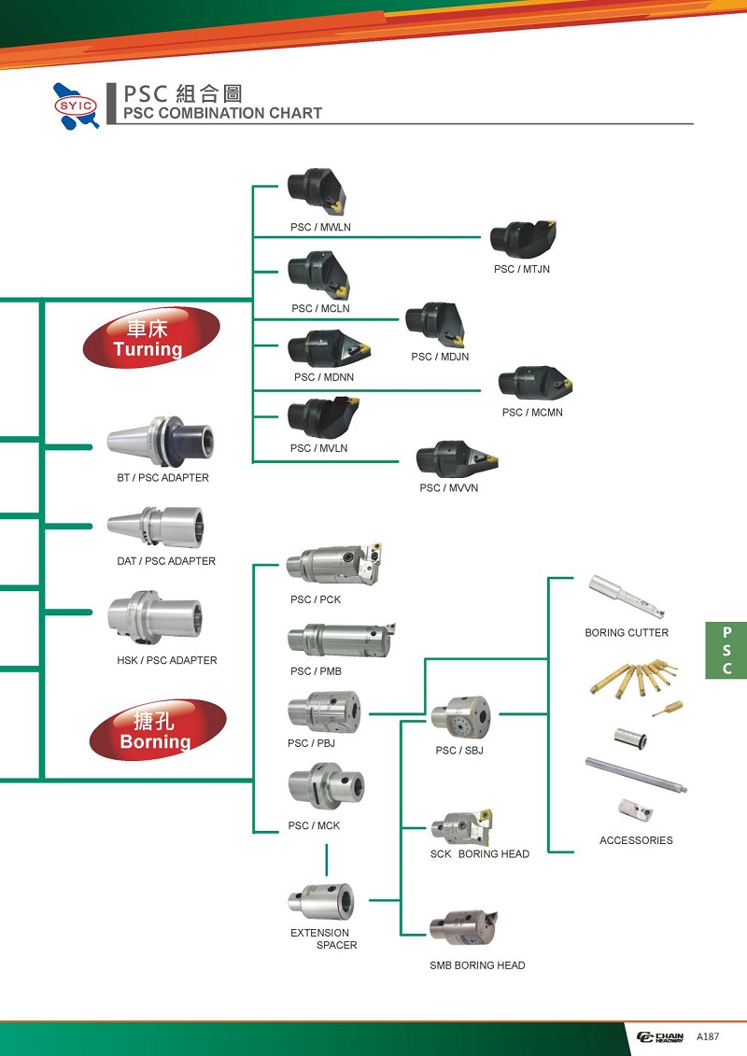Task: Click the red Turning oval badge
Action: [x=151, y=338]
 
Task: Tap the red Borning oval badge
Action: [x=158, y=730]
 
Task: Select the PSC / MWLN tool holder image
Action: [x=318, y=191]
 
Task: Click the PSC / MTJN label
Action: [x=522, y=270]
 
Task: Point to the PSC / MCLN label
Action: [x=320, y=309]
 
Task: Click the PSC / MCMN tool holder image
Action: [x=534, y=383]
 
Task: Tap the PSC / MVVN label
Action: [x=448, y=488]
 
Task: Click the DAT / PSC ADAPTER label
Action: [x=165, y=561]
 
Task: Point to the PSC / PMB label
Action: [x=316, y=671]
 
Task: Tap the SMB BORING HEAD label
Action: [x=477, y=965]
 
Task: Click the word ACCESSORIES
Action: [x=636, y=840]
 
